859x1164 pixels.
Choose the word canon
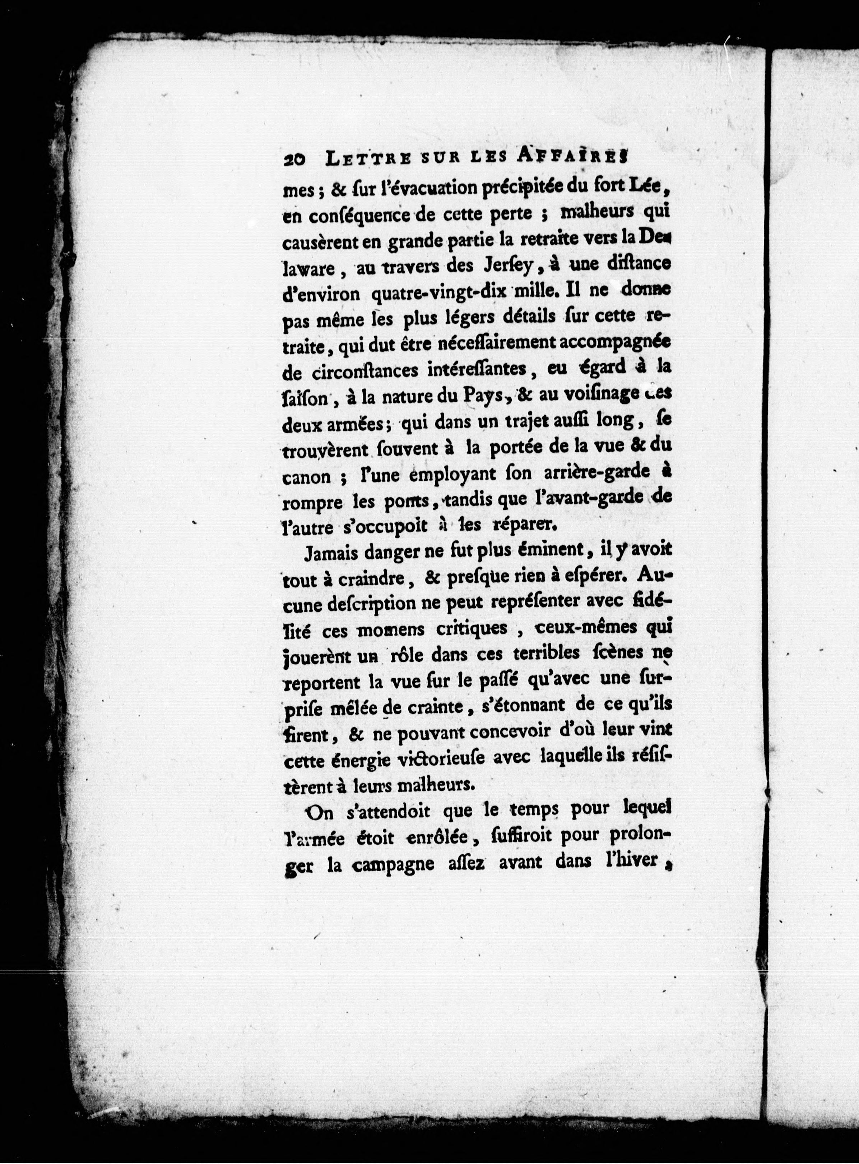click(x=307, y=476)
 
